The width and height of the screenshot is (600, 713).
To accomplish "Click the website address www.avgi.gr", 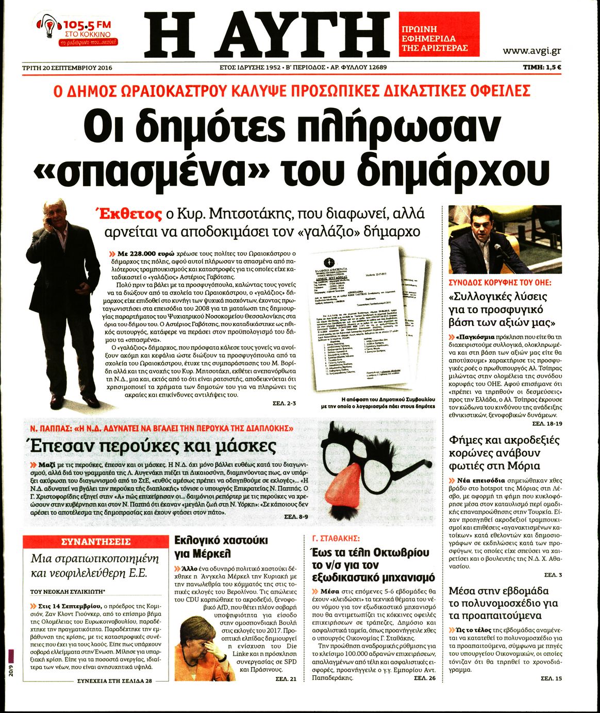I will pos(531,51).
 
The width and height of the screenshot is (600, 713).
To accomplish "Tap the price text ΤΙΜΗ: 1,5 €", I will pos(542,67).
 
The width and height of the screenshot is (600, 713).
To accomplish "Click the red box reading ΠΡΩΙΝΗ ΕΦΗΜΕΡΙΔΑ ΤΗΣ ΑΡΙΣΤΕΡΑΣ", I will pos(439,34).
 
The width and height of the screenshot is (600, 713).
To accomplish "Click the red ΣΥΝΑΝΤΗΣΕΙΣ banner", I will pos(96,542).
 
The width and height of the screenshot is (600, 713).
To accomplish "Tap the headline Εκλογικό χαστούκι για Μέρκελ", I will pos(221,547).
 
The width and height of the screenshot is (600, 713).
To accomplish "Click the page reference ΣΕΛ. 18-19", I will pos(547,424).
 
